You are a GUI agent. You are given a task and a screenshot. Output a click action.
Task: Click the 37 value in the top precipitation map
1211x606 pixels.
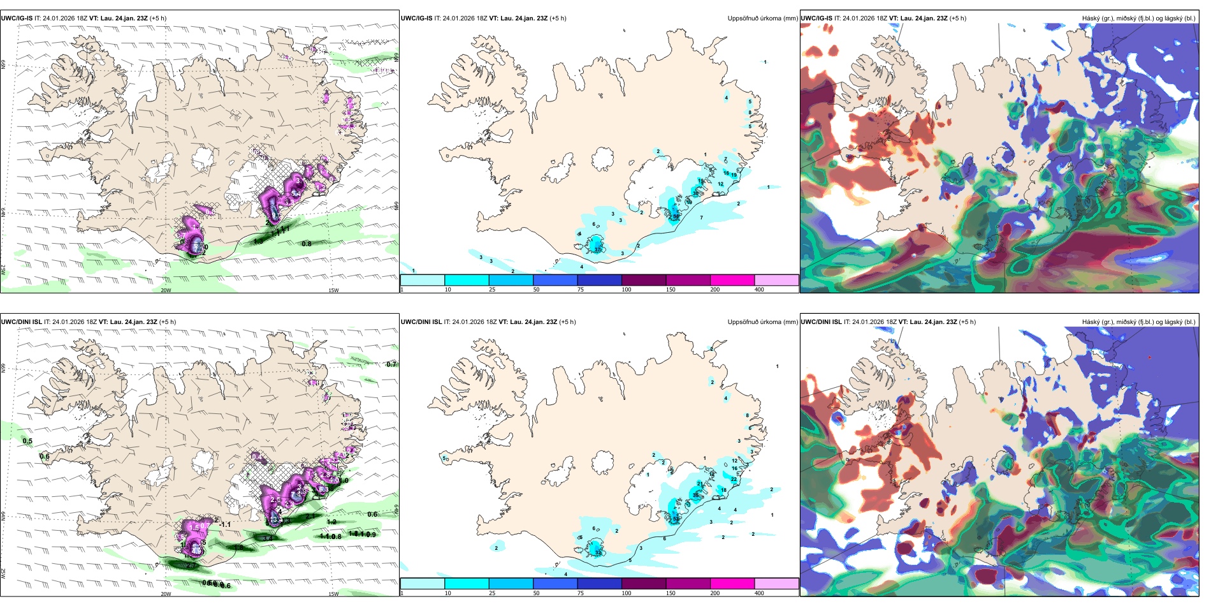coord(598,249)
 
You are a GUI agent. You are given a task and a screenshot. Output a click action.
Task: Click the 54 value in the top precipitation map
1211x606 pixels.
coord(676,216)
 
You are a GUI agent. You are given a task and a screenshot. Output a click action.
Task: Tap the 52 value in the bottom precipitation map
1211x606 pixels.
coord(676,519)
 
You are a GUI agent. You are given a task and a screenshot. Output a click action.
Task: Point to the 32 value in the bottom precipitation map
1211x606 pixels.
coord(598,552)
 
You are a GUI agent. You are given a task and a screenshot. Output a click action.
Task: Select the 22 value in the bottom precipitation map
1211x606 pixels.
coord(734,479)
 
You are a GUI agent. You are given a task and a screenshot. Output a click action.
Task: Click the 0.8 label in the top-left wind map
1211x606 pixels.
coord(307,244)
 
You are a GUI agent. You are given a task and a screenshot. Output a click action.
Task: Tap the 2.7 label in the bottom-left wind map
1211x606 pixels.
coord(191,565)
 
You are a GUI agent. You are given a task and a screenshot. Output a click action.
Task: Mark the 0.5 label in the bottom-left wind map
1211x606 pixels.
coord(27,441)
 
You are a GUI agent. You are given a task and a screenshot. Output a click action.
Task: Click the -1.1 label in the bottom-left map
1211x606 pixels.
coord(224,524)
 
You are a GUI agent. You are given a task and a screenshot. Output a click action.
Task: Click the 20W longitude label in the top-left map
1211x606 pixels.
coord(166,290)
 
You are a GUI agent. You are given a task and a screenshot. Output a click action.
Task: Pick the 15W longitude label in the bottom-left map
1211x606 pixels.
coord(333,594)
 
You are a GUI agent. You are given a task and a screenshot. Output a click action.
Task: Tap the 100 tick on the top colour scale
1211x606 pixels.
coord(627,290)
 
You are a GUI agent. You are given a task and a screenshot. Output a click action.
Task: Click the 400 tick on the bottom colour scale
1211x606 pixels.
coord(759,593)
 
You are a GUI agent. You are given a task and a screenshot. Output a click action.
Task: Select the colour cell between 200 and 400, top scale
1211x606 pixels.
coord(776,280)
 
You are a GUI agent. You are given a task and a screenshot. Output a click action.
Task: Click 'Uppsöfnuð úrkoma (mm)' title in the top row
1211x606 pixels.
coord(762,18)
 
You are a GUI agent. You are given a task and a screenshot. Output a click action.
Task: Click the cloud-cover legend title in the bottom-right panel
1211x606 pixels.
coord(1138,322)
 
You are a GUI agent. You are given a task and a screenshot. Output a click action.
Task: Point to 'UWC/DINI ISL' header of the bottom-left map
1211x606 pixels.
coord(21,322)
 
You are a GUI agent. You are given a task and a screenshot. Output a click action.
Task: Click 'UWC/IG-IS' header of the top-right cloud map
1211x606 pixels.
coord(816,18)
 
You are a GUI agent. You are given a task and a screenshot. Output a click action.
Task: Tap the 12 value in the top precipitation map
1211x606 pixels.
coord(721,184)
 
